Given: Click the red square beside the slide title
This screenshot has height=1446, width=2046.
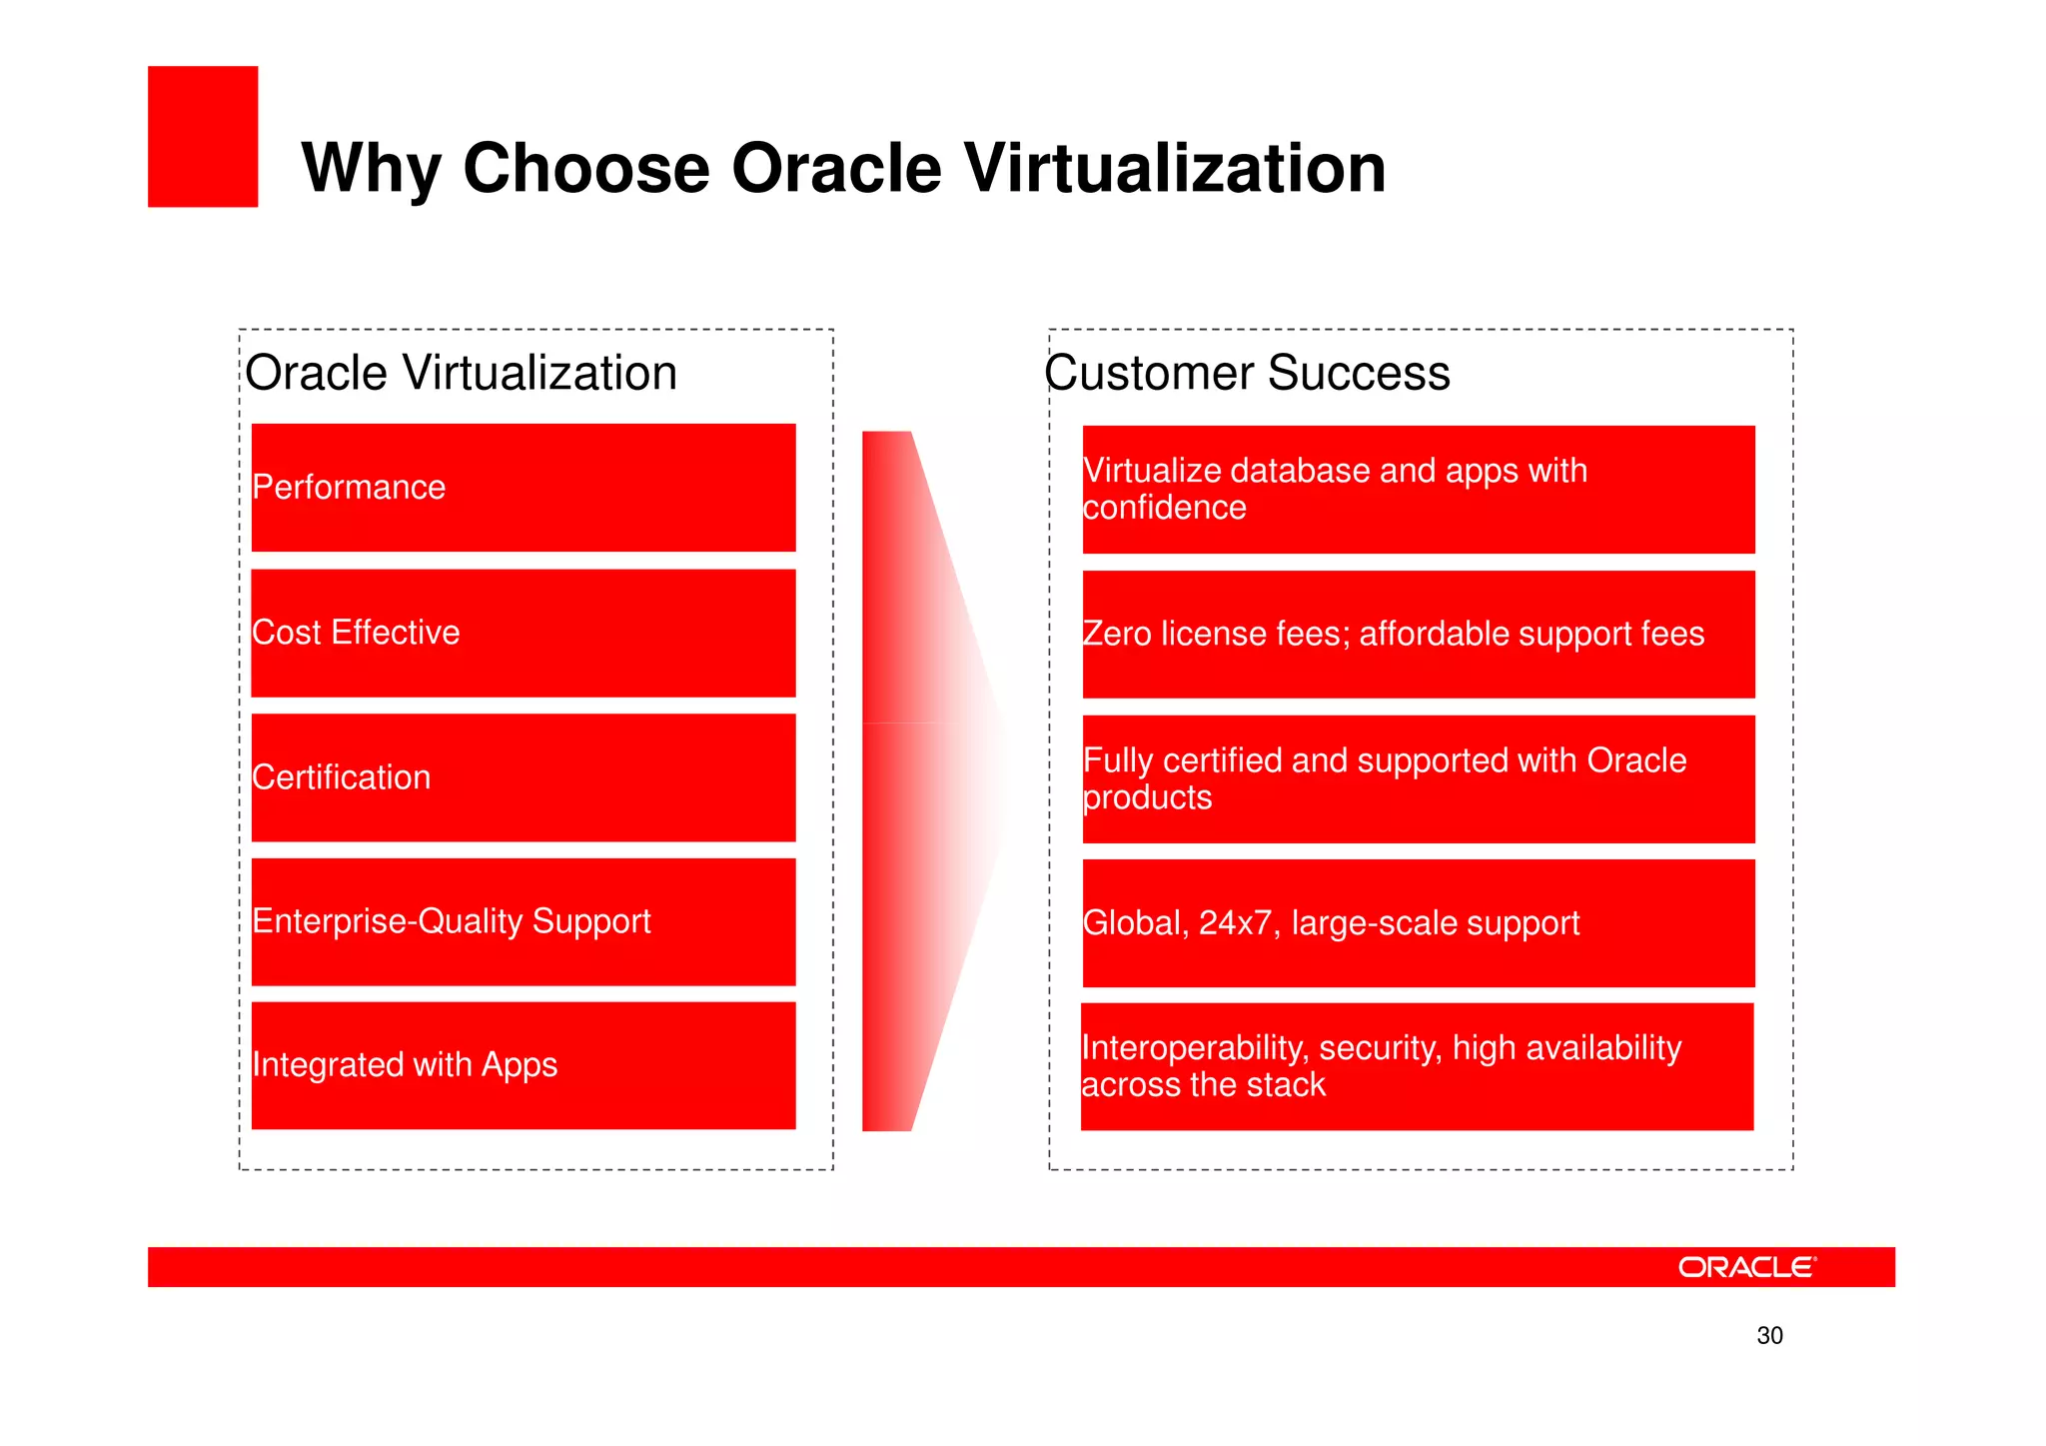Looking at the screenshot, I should [203, 137].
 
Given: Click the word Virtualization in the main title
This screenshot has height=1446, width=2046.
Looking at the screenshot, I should [1175, 168].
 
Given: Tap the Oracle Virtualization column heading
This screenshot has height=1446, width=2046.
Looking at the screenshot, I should [461, 373].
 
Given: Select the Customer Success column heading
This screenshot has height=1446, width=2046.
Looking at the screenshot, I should [1247, 373].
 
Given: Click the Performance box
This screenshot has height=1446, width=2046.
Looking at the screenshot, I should [523, 488].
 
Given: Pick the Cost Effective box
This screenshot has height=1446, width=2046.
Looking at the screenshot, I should [523, 633].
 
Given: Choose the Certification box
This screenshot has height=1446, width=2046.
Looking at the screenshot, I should [523, 777].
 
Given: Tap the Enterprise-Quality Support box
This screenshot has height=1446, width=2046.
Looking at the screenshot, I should [523, 921].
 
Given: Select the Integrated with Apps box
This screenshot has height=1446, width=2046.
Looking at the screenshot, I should [523, 1065].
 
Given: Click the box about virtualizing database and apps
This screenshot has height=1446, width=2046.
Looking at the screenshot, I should [1419, 490].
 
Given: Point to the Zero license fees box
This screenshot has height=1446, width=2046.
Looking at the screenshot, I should [1419, 635].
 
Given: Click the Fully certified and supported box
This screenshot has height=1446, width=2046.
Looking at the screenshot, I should [1419, 779].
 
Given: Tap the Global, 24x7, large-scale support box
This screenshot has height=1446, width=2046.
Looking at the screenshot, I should [1419, 923].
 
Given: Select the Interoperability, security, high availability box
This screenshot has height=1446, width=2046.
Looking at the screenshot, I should [1417, 1066].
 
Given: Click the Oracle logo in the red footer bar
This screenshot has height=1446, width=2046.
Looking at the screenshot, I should [1746, 1267].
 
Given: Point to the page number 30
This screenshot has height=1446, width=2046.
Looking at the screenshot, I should [1769, 1336].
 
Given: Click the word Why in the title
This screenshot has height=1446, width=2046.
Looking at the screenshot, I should [371, 168].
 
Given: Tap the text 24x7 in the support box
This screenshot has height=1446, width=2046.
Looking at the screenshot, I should [1235, 923].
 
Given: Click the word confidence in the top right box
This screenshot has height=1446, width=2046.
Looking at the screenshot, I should [1165, 508].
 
